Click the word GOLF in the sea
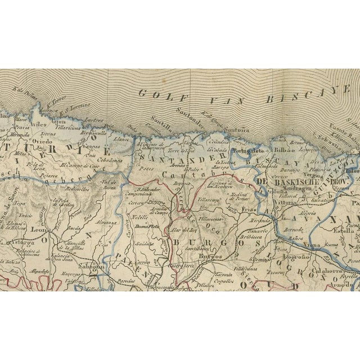(x=157, y=94)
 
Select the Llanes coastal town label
(x=120, y=139)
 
